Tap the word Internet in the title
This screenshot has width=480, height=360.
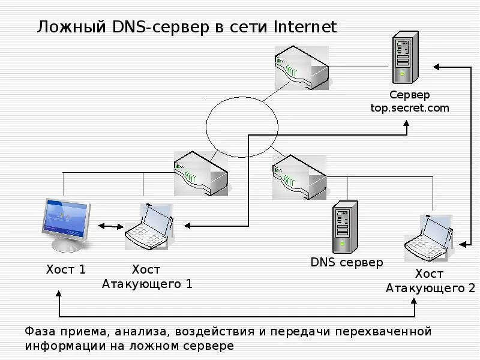point(305,27)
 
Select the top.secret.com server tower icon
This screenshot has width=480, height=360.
point(403,59)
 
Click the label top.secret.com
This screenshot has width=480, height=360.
point(410,108)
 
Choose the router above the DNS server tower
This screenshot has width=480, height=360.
point(299,177)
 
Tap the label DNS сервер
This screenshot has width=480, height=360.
point(347,262)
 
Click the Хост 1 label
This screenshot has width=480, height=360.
point(66,269)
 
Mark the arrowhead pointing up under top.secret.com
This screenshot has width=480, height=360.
point(406,125)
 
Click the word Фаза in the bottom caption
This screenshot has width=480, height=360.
point(42,331)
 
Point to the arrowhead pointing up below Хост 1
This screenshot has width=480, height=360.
point(59,294)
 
